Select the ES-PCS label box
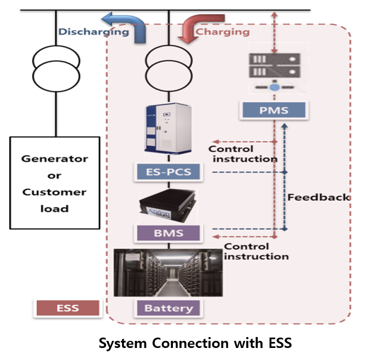click(x=169, y=175)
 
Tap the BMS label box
click(x=169, y=234)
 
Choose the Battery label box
click(x=169, y=308)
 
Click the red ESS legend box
click(x=67, y=308)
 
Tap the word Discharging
click(x=94, y=32)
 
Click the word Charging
click(x=223, y=32)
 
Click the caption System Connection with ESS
click(x=194, y=344)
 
